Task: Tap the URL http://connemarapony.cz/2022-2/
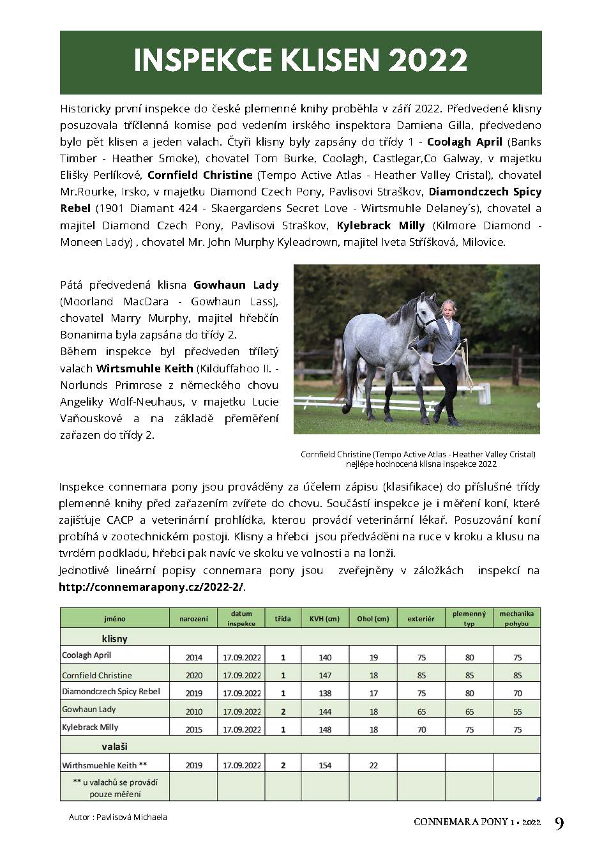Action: tap(151, 587)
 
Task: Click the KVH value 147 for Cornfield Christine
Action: tap(325, 675)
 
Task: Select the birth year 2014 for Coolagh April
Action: tap(193, 657)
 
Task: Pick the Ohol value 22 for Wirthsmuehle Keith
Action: tap(373, 765)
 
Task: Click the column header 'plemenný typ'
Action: tap(469, 618)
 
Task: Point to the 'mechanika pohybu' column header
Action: tap(516, 618)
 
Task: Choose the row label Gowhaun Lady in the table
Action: tap(89, 709)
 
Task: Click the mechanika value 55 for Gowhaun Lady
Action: tap(517, 711)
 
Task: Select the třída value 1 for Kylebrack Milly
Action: tap(283, 729)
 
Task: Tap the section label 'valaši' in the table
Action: tap(115, 746)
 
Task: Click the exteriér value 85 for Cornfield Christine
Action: tap(421, 675)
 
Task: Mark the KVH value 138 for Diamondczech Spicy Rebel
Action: tap(325, 693)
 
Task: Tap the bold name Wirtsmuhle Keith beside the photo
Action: tap(144, 368)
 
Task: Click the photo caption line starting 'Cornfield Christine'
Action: tap(418, 455)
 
